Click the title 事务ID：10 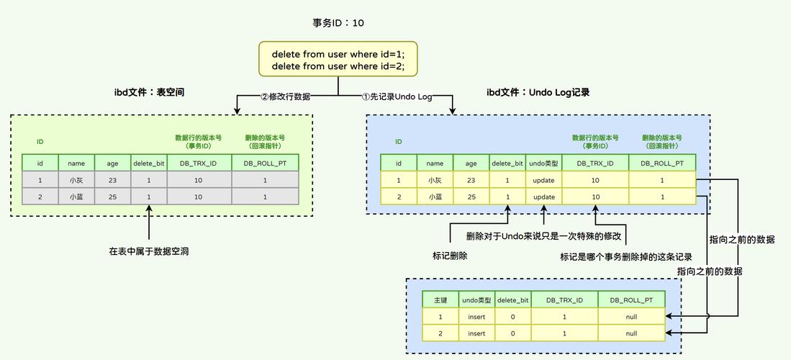click(x=338, y=23)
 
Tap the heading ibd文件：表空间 click(x=154, y=92)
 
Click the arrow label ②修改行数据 click(x=285, y=96)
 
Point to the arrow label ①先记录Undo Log click(x=397, y=96)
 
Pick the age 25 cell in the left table click(x=112, y=196)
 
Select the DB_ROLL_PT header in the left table click(x=265, y=163)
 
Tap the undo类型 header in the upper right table click(x=543, y=163)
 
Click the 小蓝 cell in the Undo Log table click(x=435, y=197)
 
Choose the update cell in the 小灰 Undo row click(x=543, y=180)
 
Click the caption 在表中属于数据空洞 click(x=149, y=252)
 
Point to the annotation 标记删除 click(x=450, y=256)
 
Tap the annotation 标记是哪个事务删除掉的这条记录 click(x=626, y=256)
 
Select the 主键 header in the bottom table click(x=440, y=300)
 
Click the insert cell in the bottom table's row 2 click(x=476, y=333)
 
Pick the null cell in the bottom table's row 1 click(x=631, y=316)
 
